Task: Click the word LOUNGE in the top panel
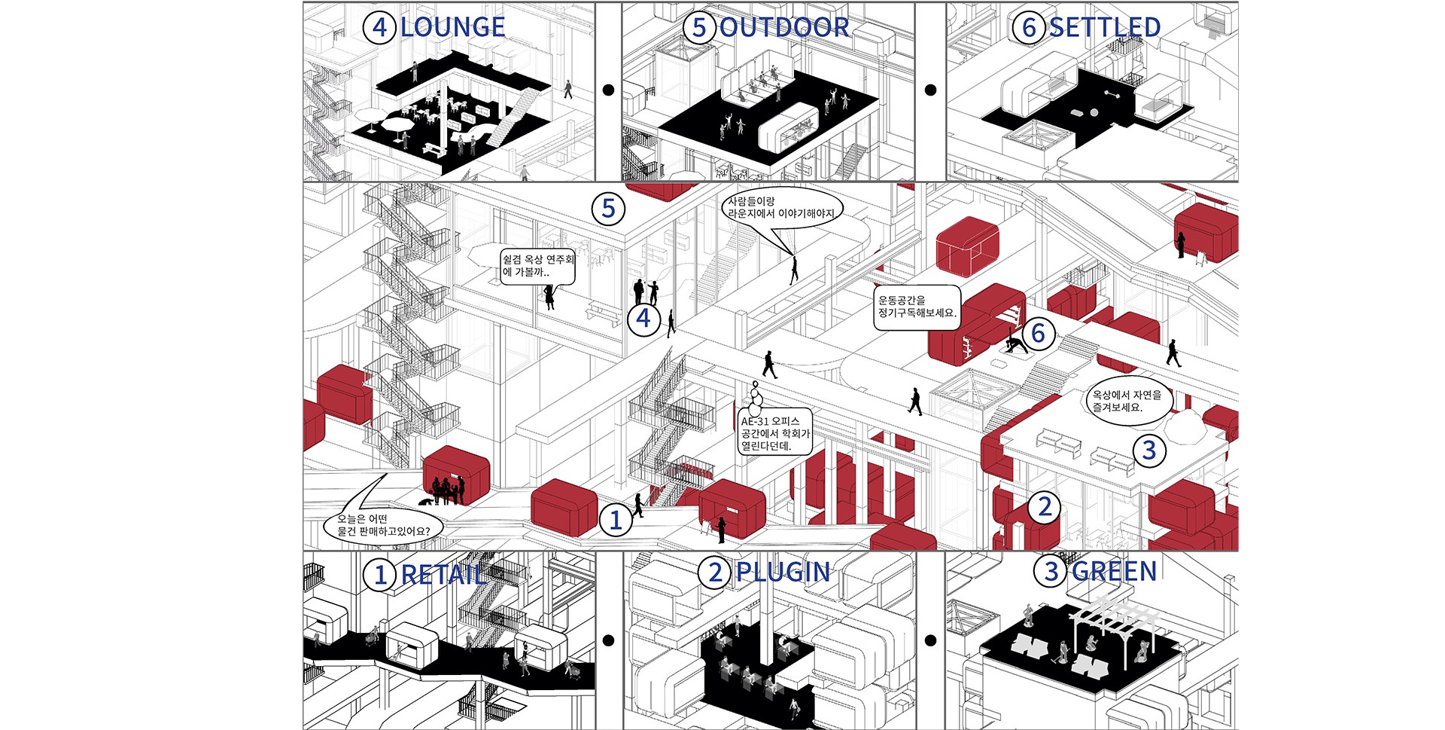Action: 452,28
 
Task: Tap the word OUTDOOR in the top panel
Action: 784,28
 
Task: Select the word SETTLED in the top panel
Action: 1104,28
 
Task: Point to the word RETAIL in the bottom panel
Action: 443,575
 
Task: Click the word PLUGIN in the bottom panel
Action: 783,573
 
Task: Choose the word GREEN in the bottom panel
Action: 1114,572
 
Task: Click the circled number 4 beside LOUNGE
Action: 379,28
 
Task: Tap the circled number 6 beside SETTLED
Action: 1029,28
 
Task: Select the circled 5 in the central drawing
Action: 608,209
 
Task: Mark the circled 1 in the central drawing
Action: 616,520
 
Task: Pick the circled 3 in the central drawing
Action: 1149,451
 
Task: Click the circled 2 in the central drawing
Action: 1045,507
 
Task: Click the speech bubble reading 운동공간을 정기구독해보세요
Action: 917,307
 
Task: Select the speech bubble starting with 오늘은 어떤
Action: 383,525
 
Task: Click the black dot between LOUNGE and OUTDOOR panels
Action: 608,90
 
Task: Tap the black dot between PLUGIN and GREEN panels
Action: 930,640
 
